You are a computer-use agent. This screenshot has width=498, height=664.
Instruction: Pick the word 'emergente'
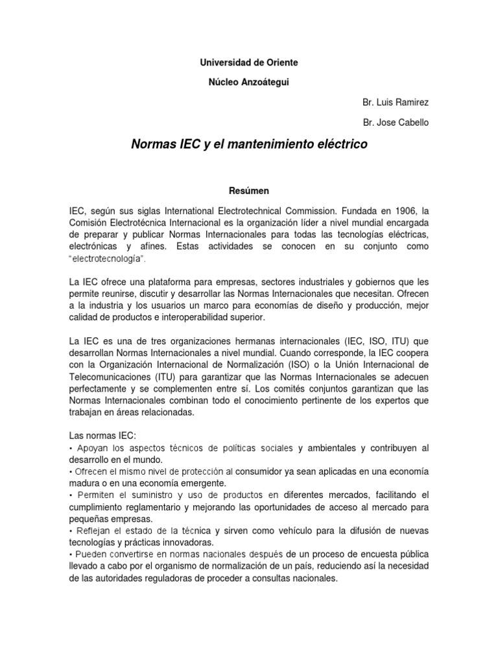click(199, 484)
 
